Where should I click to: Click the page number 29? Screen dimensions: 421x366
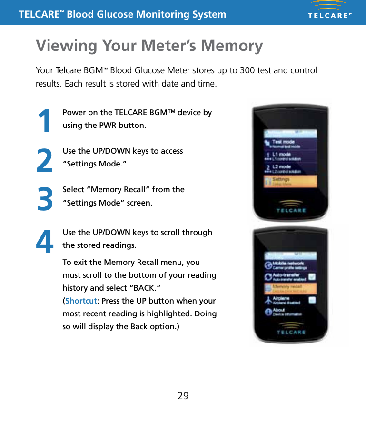click(x=183, y=396)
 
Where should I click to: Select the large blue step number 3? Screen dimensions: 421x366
click(x=45, y=199)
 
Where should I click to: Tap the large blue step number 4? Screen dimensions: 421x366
click(x=44, y=242)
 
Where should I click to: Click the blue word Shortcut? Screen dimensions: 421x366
click(x=80, y=301)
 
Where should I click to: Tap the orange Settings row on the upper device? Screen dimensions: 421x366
click(x=290, y=181)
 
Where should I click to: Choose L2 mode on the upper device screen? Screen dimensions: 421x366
click(x=281, y=167)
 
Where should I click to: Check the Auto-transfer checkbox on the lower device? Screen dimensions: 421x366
click(x=312, y=277)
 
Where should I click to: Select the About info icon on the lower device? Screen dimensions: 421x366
click(x=267, y=312)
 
